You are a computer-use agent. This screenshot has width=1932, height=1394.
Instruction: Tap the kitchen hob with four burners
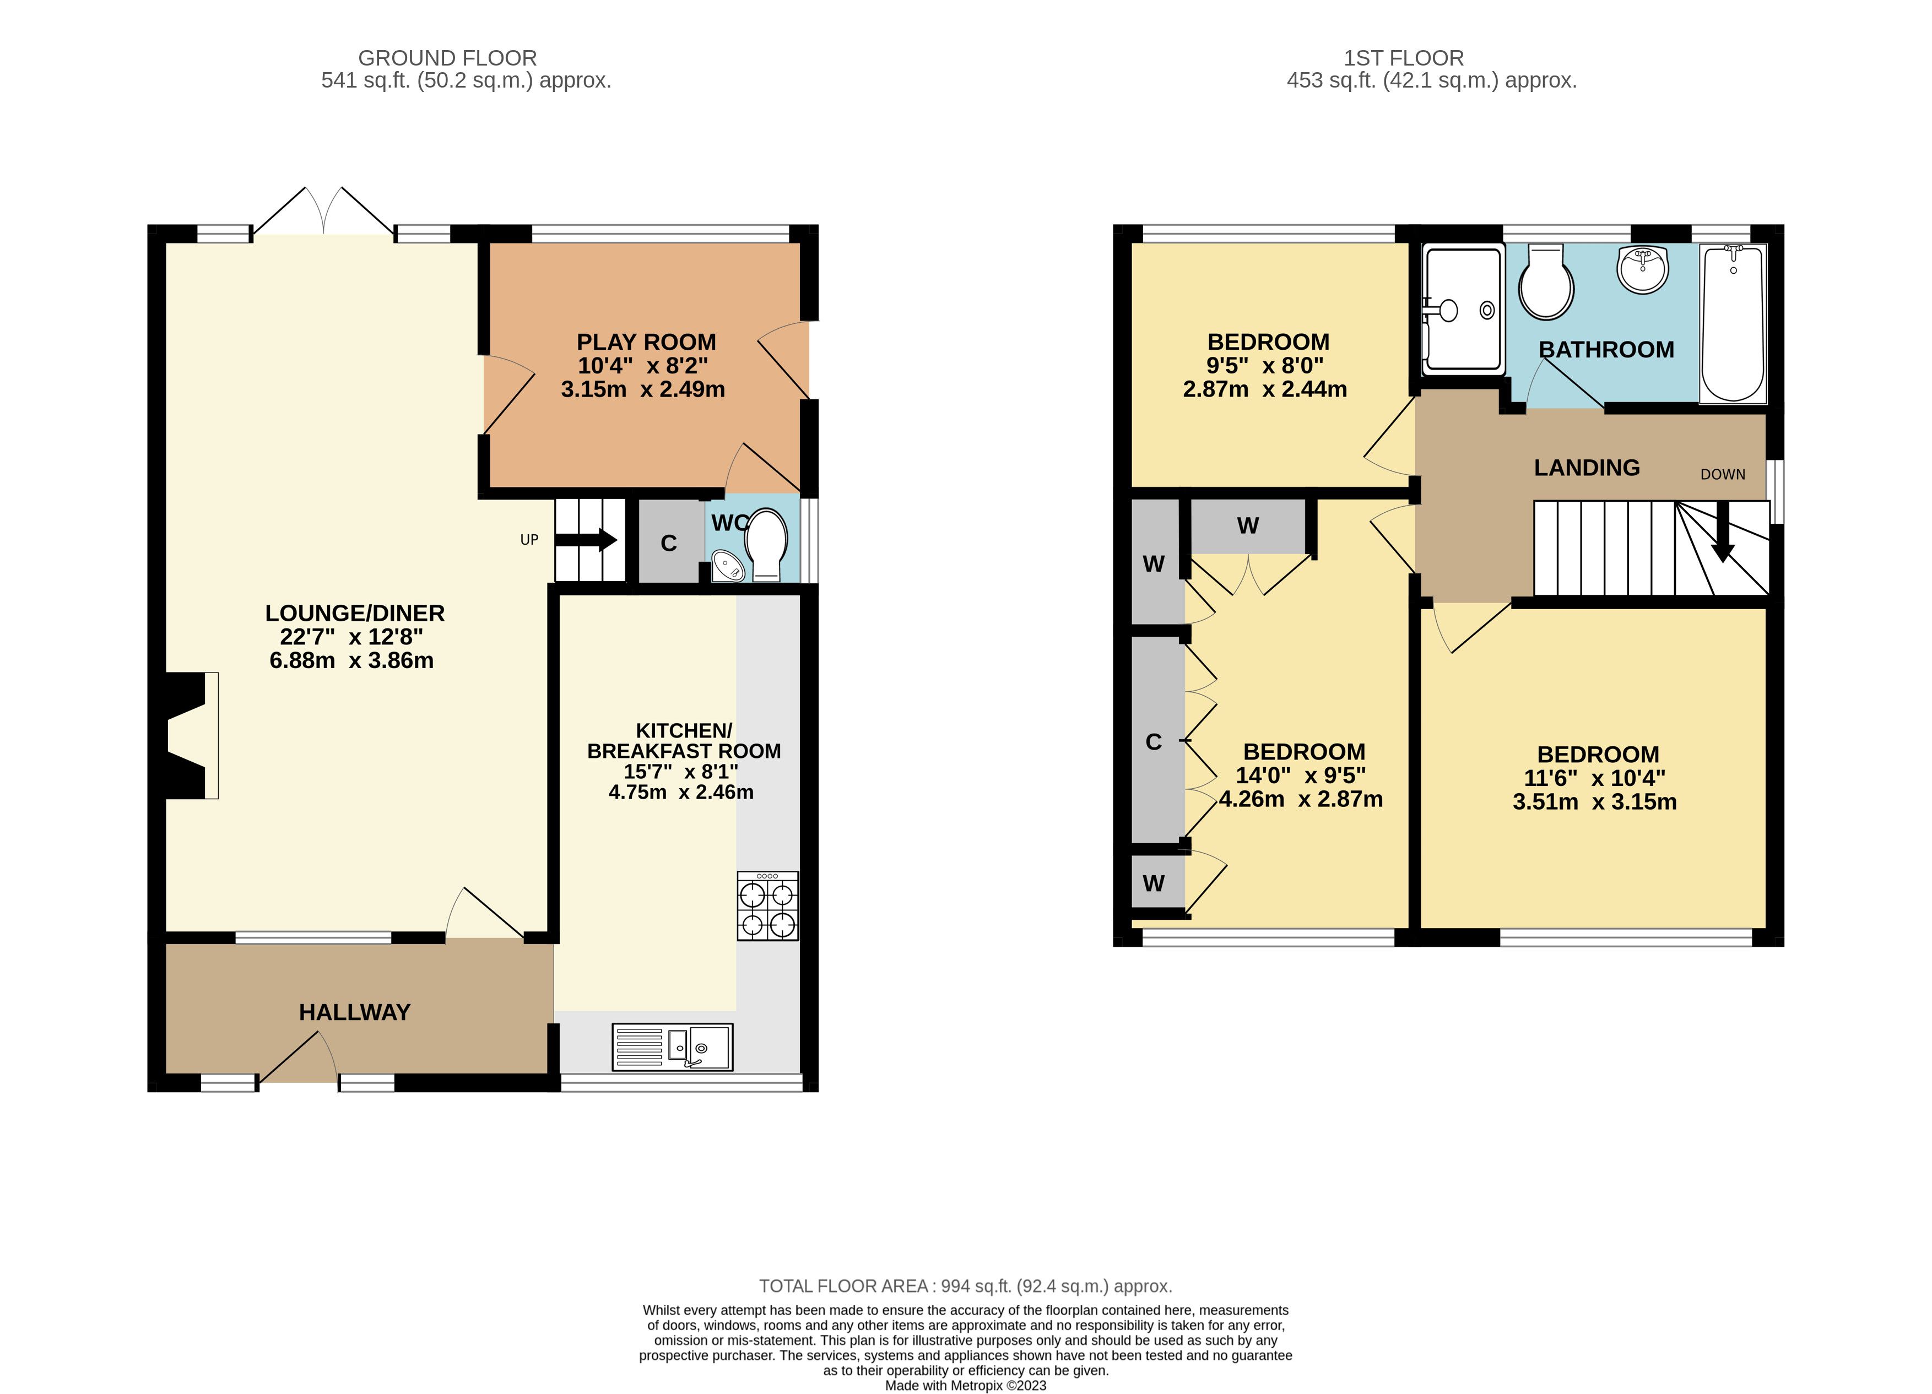point(767,905)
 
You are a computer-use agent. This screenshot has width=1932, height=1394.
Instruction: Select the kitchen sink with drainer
point(672,1046)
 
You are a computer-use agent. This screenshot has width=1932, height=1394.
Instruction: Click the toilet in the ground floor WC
point(767,545)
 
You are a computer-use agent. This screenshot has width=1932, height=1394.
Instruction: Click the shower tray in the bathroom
point(1463,309)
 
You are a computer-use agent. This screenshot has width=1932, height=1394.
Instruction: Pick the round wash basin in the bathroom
point(1642,269)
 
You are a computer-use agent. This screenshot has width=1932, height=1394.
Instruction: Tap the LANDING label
point(1587,468)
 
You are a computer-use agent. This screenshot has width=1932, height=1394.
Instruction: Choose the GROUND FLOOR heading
point(447,58)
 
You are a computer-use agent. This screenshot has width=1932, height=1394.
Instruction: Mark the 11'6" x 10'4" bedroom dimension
point(1594,778)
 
